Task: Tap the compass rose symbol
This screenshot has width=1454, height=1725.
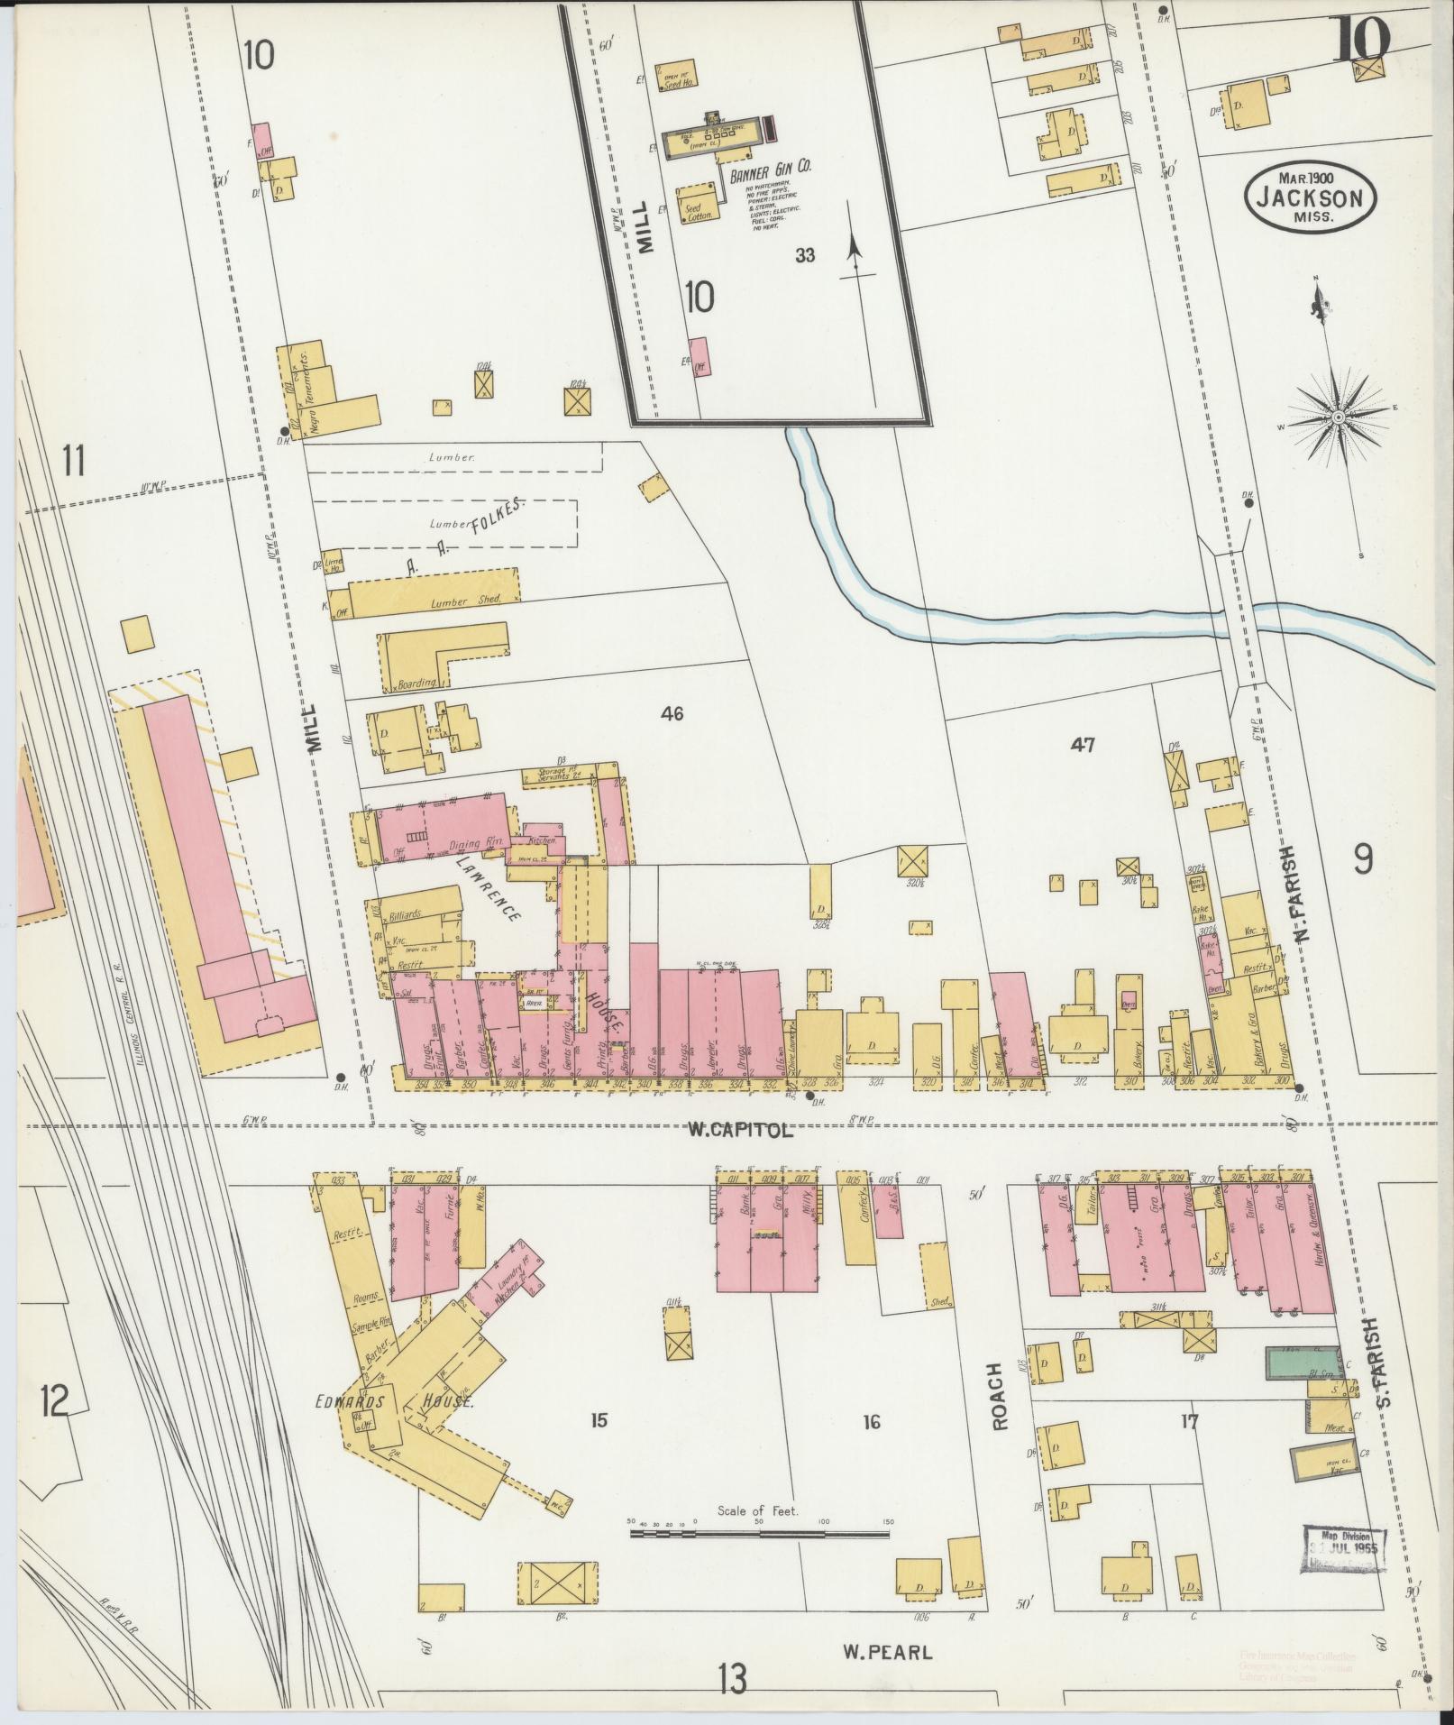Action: pos(1338,417)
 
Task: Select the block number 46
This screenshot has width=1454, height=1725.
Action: pos(672,714)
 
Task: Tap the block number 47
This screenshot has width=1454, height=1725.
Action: pos(1083,745)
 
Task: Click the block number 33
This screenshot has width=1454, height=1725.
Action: pos(805,255)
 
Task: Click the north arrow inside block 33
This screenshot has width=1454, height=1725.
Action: pos(854,248)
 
